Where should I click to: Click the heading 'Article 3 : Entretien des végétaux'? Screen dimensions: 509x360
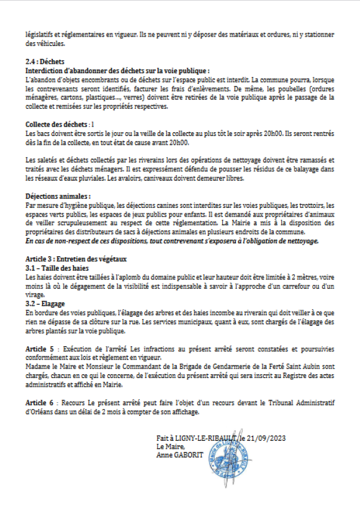(76, 258)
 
